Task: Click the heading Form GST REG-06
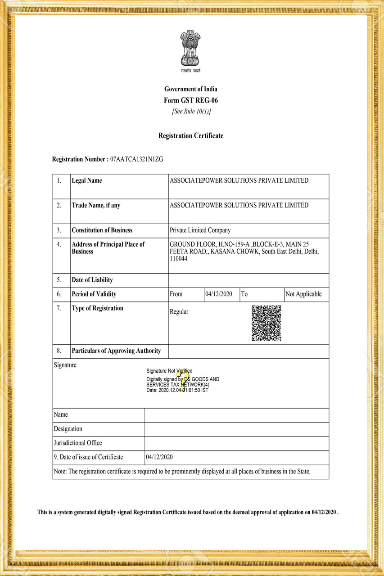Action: click(x=191, y=100)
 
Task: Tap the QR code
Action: click(x=266, y=323)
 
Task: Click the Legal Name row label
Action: click(x=87, y=180)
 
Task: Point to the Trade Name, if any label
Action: click(x=96, y=205)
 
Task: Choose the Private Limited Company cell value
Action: click(x=200, y=230)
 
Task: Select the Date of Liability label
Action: click(x=92, y=280)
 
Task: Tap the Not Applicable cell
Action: click(x=303, y=294)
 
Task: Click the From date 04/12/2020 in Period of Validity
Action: click(x=219, y=294)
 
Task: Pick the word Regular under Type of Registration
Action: click(x=179, y=312)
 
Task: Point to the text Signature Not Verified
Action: click(x=169, y=371)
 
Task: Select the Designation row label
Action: click(x=68, y=429)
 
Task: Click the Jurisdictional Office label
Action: click(x=78, y=443)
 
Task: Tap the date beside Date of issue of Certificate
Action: click(x=159, y=457)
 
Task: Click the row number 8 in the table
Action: click(x=59, y=351)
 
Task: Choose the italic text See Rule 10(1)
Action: click(x=191, y=112)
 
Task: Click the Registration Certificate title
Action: click(x=191, y=135)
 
